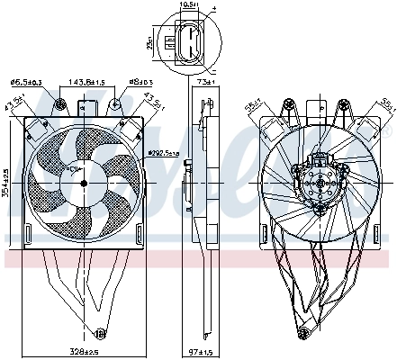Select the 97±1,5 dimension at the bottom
coord(206,350)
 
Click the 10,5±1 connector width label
coord(186,5)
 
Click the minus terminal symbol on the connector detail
coord(214,67)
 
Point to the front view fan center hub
coord(84,182)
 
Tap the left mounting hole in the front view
coord(59,105)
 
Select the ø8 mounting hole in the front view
coord(117,105)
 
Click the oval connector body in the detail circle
coord(186,40)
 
